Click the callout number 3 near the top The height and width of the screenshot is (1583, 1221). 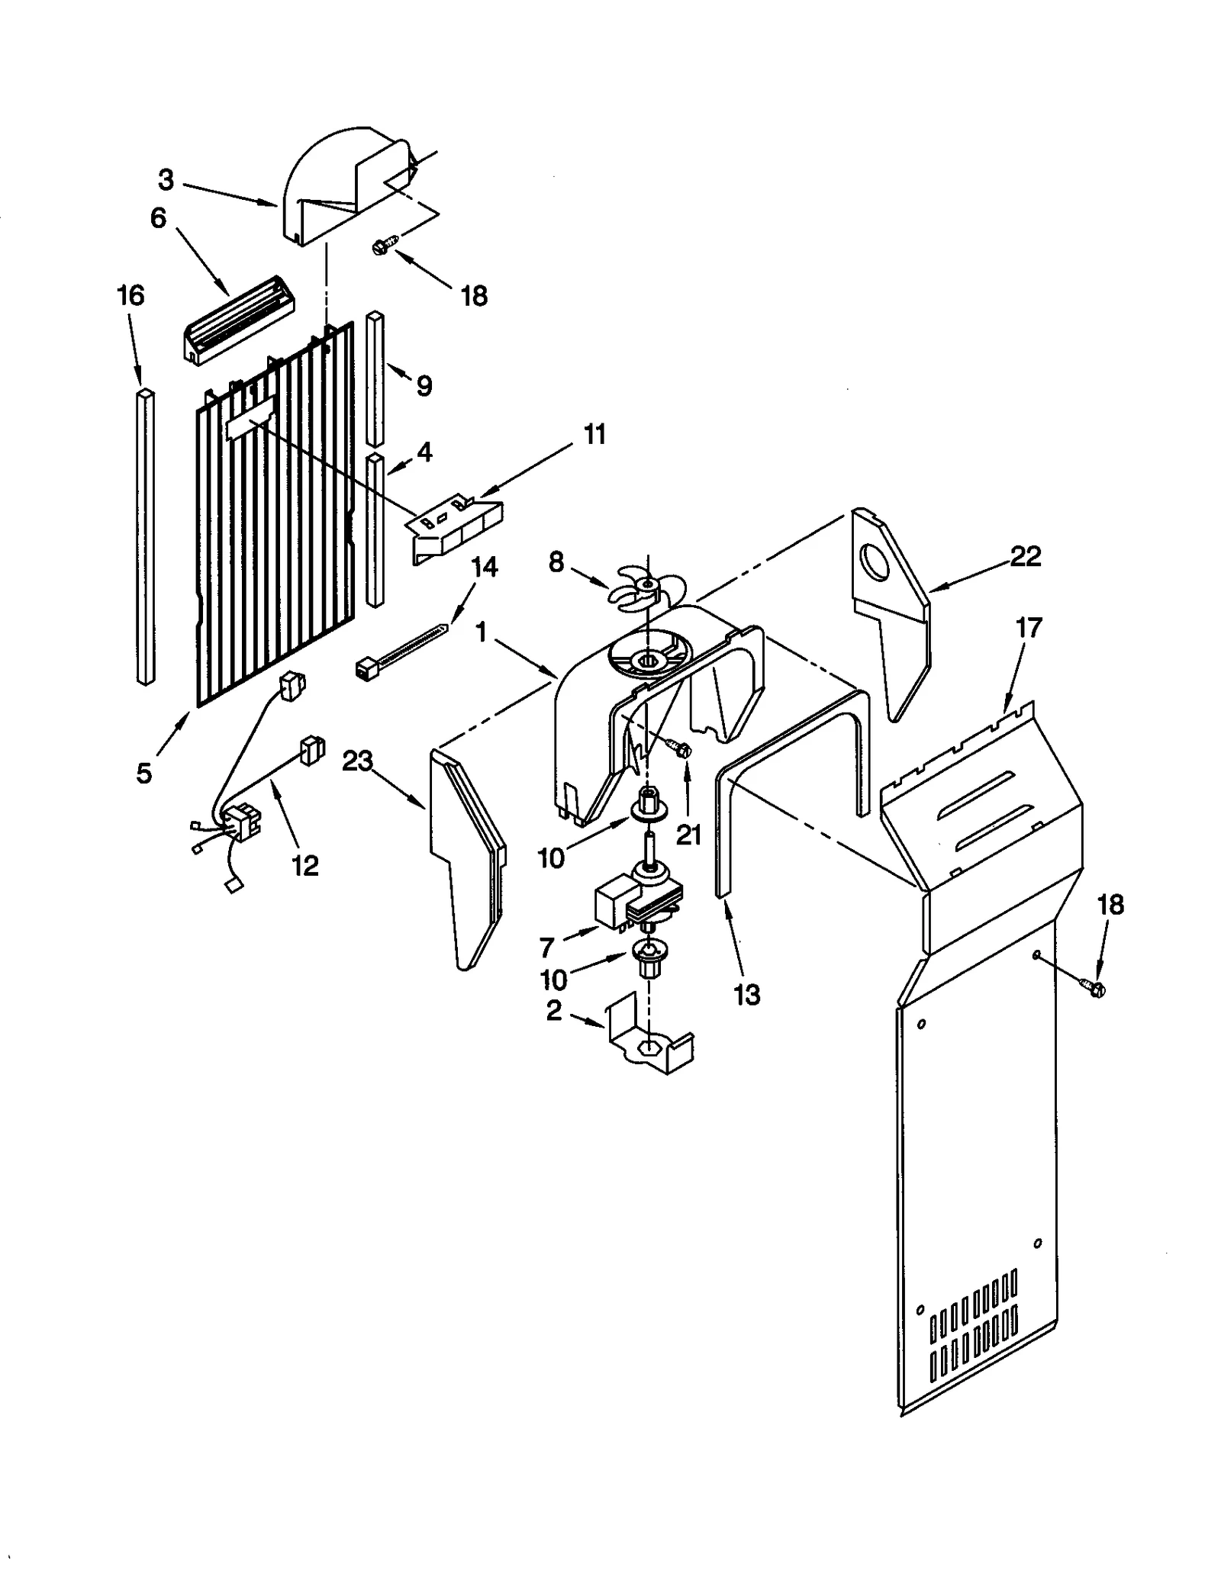click(166, 180)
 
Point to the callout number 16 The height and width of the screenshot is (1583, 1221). click(130, 295)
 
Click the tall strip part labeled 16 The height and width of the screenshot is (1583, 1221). click(146, 534)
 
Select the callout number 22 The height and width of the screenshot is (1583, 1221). click(1025, 556)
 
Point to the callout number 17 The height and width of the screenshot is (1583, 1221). click(1028, 628)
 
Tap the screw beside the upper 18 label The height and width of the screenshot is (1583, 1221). click(383, 245)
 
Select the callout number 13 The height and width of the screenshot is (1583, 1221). click(746, 994)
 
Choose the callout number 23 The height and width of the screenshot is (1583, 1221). click(357, 761)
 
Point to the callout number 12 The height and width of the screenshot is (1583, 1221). click(304, 865)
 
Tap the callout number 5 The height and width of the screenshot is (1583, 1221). click(143, 773)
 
